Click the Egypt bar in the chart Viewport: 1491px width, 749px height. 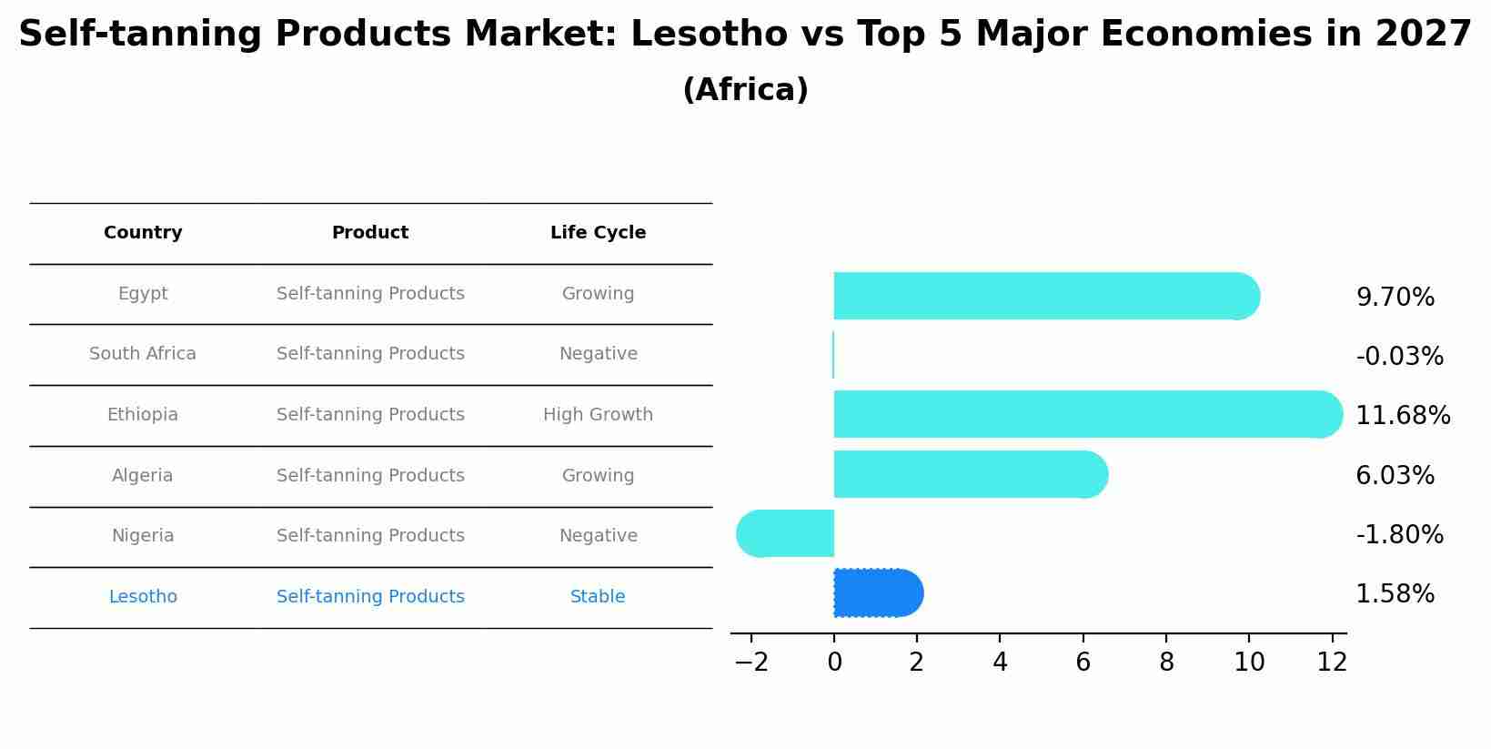1046,296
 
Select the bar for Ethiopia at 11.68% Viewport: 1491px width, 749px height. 1087,414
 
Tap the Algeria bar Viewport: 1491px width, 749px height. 970,474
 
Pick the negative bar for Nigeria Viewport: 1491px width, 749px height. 785,533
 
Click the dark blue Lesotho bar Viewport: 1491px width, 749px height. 878,593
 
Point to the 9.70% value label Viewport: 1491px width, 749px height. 1395,298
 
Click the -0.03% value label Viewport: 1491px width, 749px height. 1399,357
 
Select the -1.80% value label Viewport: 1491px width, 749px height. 1399,535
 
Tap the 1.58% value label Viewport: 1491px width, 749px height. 1395,594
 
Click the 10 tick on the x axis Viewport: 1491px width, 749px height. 1249,663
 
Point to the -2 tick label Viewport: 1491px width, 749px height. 751,663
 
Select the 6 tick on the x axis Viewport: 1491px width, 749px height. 1083,663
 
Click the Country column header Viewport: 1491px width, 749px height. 143,233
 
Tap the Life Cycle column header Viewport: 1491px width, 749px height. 598,233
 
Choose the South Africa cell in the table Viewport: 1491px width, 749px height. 143,354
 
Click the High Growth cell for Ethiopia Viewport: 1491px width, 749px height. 598,415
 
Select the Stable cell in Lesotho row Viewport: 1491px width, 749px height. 598,597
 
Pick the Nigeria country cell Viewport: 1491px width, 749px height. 143,536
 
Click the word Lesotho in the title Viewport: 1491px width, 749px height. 709,35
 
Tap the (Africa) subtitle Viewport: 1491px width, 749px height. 745,90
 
